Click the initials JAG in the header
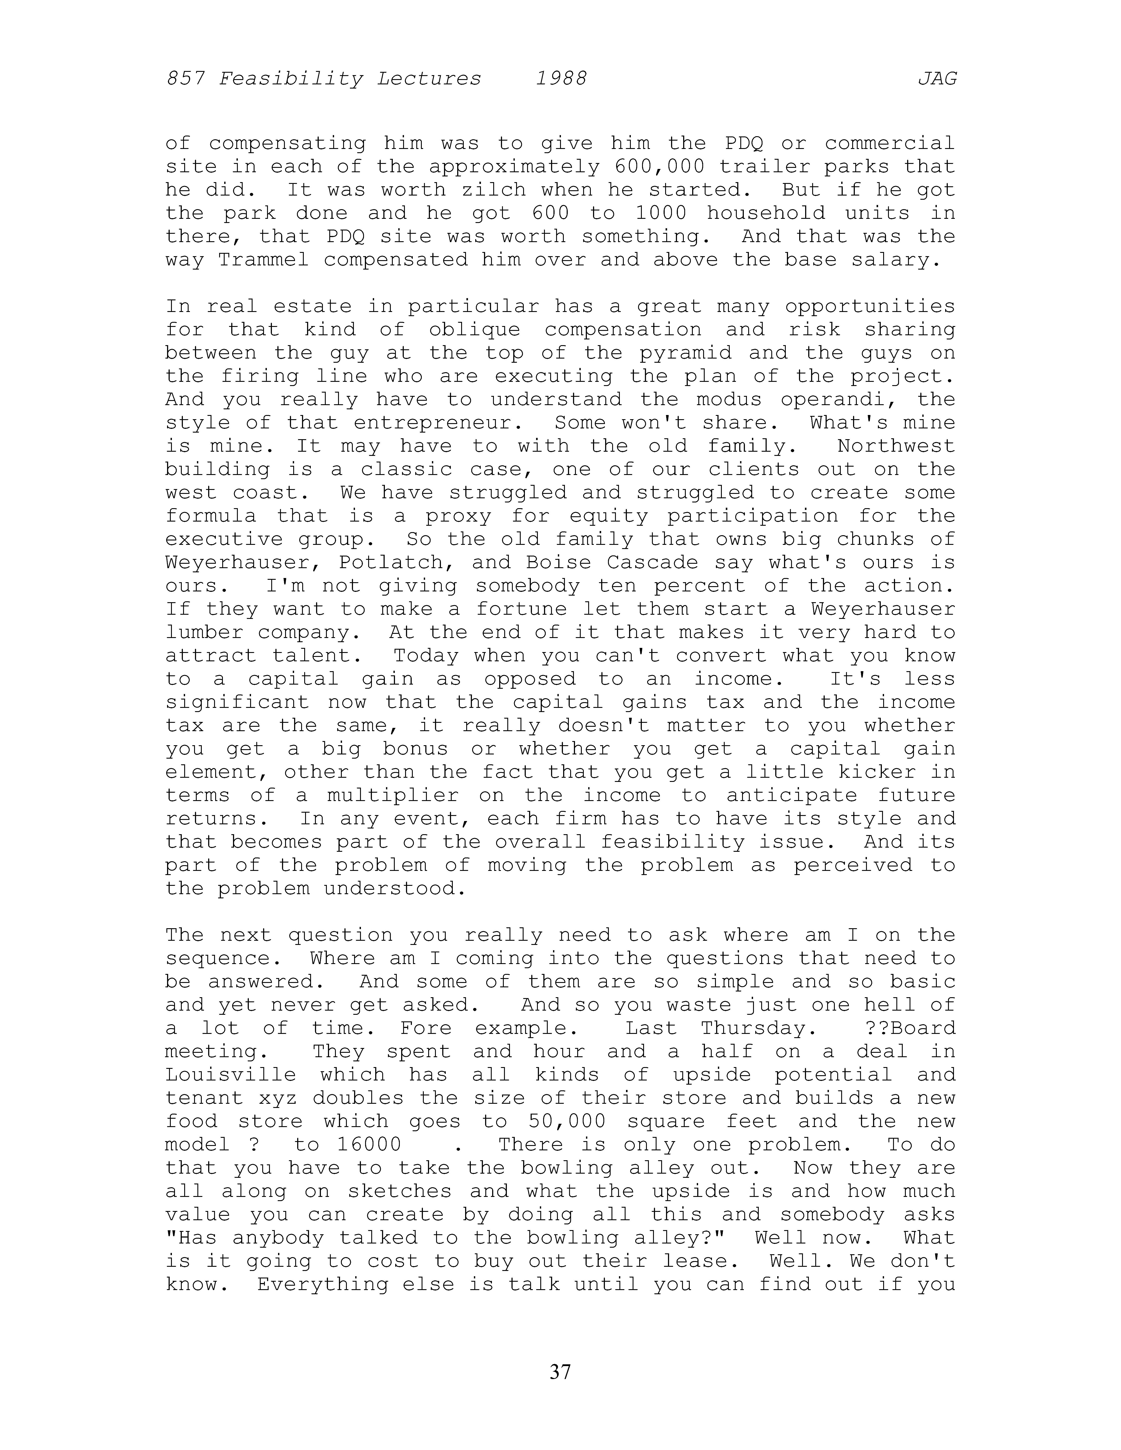click(937, 79)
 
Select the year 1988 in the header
click(561, 79)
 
